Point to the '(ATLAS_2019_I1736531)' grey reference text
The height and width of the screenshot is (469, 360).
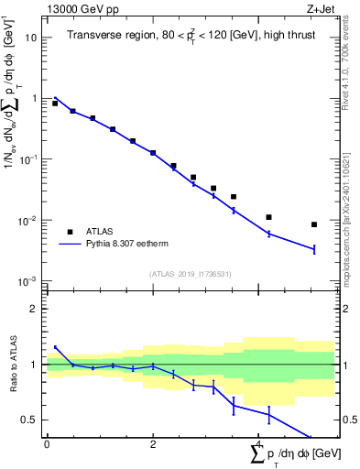pos(190,274)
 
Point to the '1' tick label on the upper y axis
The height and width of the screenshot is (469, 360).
pos(34,98)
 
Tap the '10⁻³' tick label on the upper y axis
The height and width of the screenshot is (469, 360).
pos(28,281)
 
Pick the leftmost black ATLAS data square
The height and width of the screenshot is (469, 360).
pos(55,104)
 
